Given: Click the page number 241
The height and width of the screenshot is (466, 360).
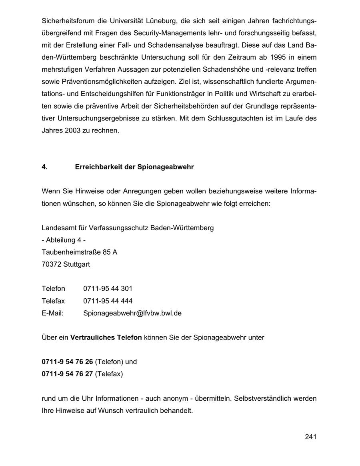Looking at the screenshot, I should (310, 437).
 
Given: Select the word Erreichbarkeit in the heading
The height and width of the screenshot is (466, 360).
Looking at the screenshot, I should (98, 167).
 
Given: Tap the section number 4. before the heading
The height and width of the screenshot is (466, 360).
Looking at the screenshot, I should (44, 167).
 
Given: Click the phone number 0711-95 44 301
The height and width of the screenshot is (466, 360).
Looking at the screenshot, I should (108, 289).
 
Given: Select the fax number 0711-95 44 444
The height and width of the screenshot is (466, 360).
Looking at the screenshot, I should (108, 301).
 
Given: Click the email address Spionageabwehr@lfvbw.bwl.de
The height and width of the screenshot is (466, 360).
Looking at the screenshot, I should (132, 313).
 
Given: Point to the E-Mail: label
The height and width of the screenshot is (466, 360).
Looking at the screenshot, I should (52, 313).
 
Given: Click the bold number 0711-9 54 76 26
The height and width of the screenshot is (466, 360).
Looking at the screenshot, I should (67, 362).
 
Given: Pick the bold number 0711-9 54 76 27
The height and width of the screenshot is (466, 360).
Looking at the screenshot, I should (67, 374).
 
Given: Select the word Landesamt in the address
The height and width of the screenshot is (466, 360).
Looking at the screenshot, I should (57, 228).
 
